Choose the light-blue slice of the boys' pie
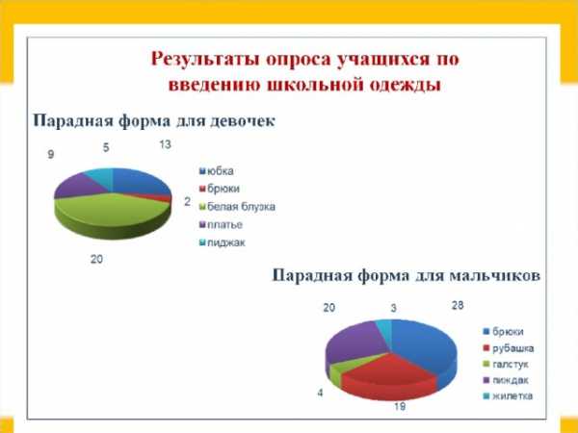(x=384, y=327)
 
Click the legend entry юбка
(x=217, y=171)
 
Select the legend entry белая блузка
(x=237, y=207)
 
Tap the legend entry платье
(x=221, y=224)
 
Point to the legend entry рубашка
(x=509, y=348)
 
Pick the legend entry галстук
(x=506, y=364)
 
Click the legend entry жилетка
(x=508, y=395)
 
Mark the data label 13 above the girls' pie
(x=165, y=144)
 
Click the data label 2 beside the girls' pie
(x=188, y=201)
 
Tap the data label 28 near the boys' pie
(x=458, y=305)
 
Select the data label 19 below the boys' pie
(x=400, y=406)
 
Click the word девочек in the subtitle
(x=243, y=121)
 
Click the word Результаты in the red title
(x=205, y=60)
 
